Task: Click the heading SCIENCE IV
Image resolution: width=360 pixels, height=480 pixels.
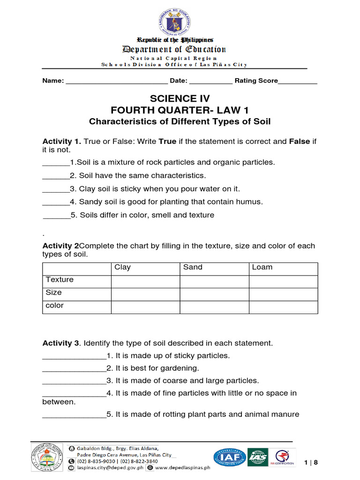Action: (x=180, y=98)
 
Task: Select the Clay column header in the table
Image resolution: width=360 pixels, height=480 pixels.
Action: (x=123, y=267)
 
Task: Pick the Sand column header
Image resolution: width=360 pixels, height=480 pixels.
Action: (x=193, y=267)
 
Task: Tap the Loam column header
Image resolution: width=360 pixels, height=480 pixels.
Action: (x=262, y=267)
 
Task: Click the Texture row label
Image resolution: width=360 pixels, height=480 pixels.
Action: (x=60, y=280)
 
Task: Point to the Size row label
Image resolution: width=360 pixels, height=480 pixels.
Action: (x=54, y=292)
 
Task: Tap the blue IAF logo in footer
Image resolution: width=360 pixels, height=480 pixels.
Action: (x=230, y=458)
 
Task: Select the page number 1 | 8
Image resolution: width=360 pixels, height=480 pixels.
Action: (x=311, y=463)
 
